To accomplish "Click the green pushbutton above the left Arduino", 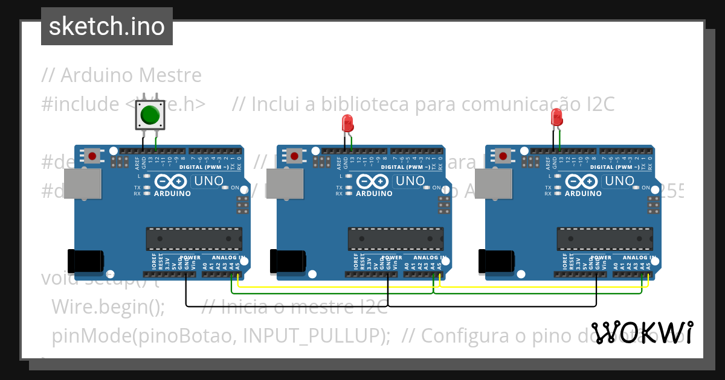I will (x=149, y=115).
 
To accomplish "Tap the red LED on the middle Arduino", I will (x=347, y=123).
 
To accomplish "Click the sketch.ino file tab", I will (x=107, y=27).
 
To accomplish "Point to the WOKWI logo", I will (x=642, y=332).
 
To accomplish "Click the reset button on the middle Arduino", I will (x=295, y=156).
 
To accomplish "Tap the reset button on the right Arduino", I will (x=503, y=156).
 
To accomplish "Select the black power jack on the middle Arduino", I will (x=288, y=261).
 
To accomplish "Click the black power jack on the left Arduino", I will (x=85, y=261).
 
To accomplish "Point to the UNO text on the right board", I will (x=619, y=180).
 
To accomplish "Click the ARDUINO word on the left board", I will (x=172, y=194).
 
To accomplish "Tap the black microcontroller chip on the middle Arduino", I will (x=396, y=238).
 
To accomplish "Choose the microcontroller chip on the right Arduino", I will (x=605, y=238).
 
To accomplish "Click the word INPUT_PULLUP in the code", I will (x=312, y=335).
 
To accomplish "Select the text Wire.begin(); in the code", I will (x=108, y=306).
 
